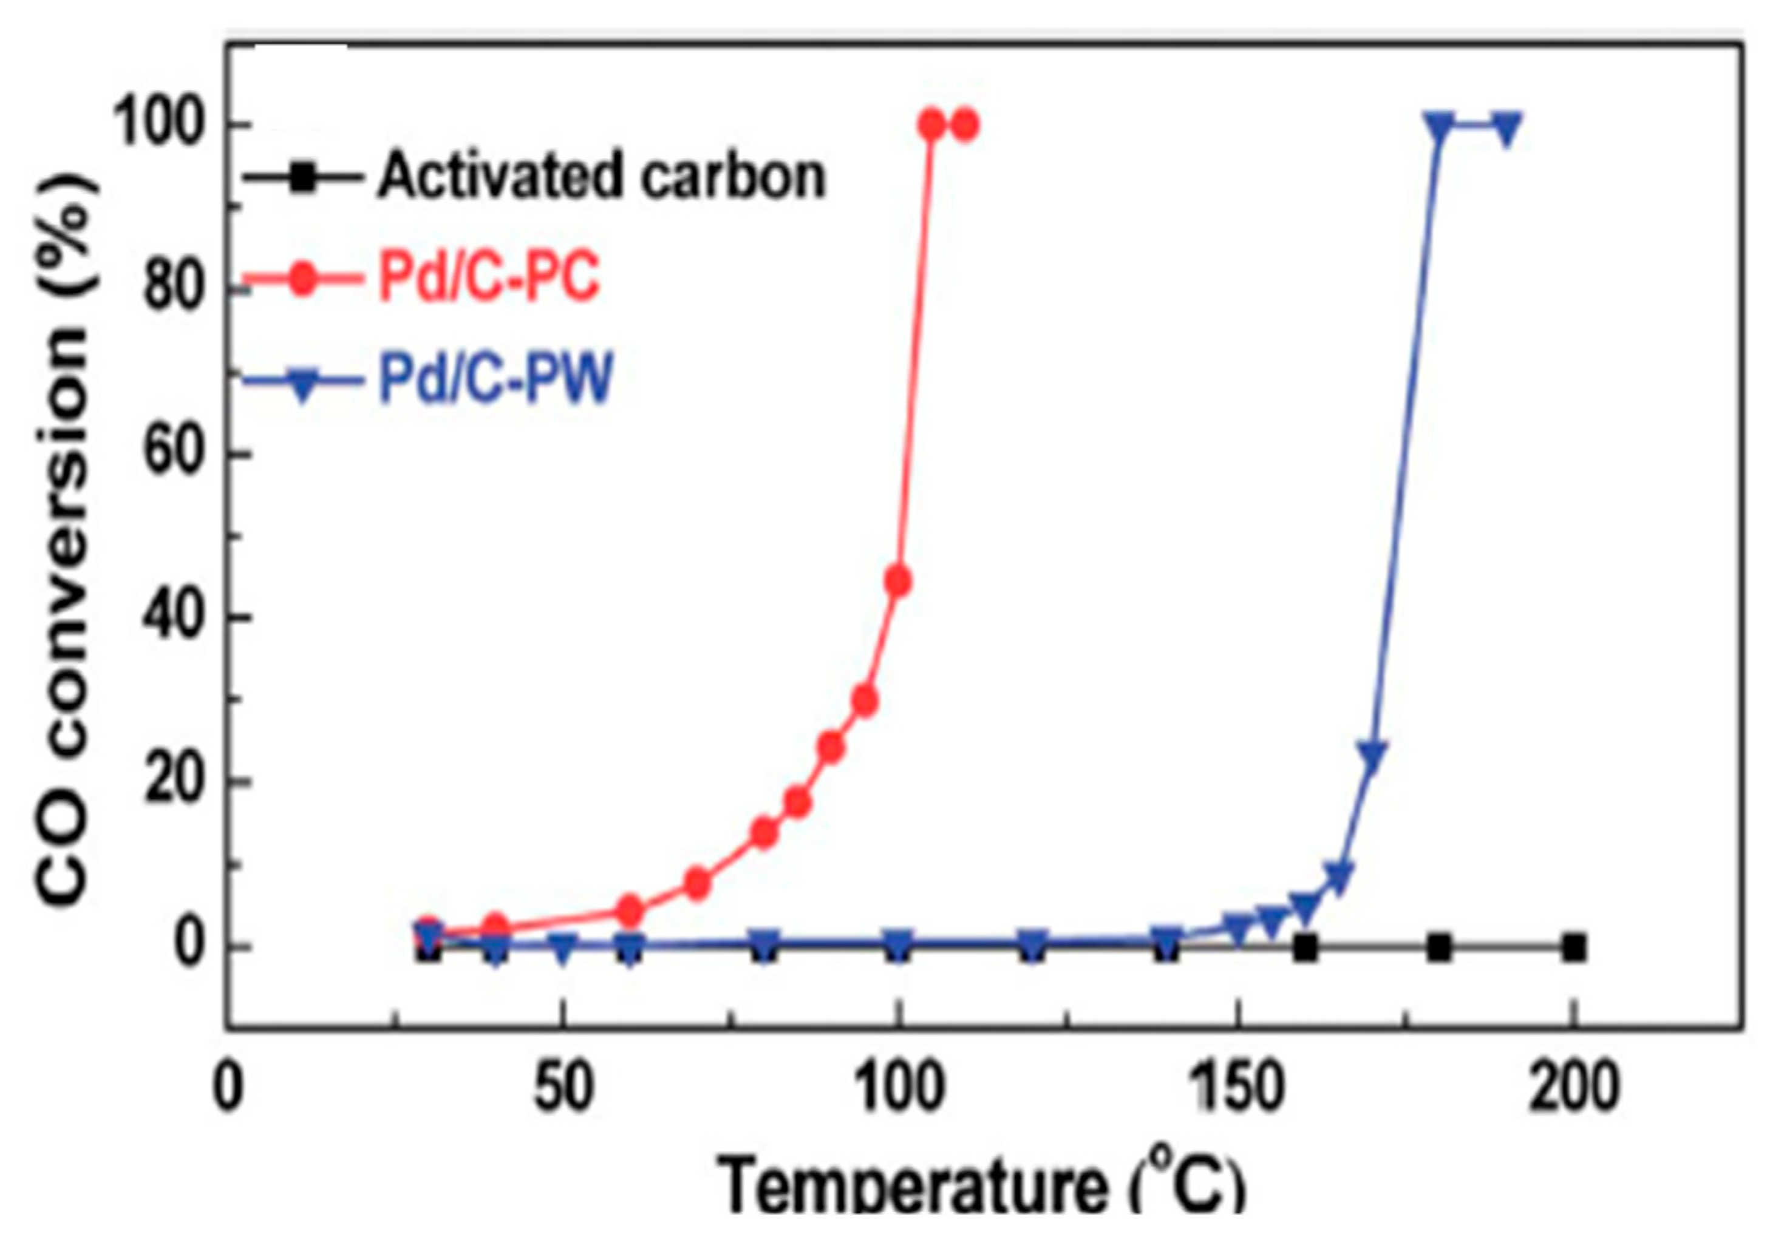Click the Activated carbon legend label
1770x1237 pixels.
pyautogui.click(x=601, y=176)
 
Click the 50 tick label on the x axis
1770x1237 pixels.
pyautogui.click(x=563, y=1090)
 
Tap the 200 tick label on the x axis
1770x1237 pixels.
pyautogui.click(x=1573, y=1090)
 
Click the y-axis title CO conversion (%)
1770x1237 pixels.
pyautogui.click(x=68, y=540)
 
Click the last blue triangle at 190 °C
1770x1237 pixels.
pyautogui.click(x=1506, y=127)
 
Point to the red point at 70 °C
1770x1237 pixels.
pyautogui.click(x=698, y=883)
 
